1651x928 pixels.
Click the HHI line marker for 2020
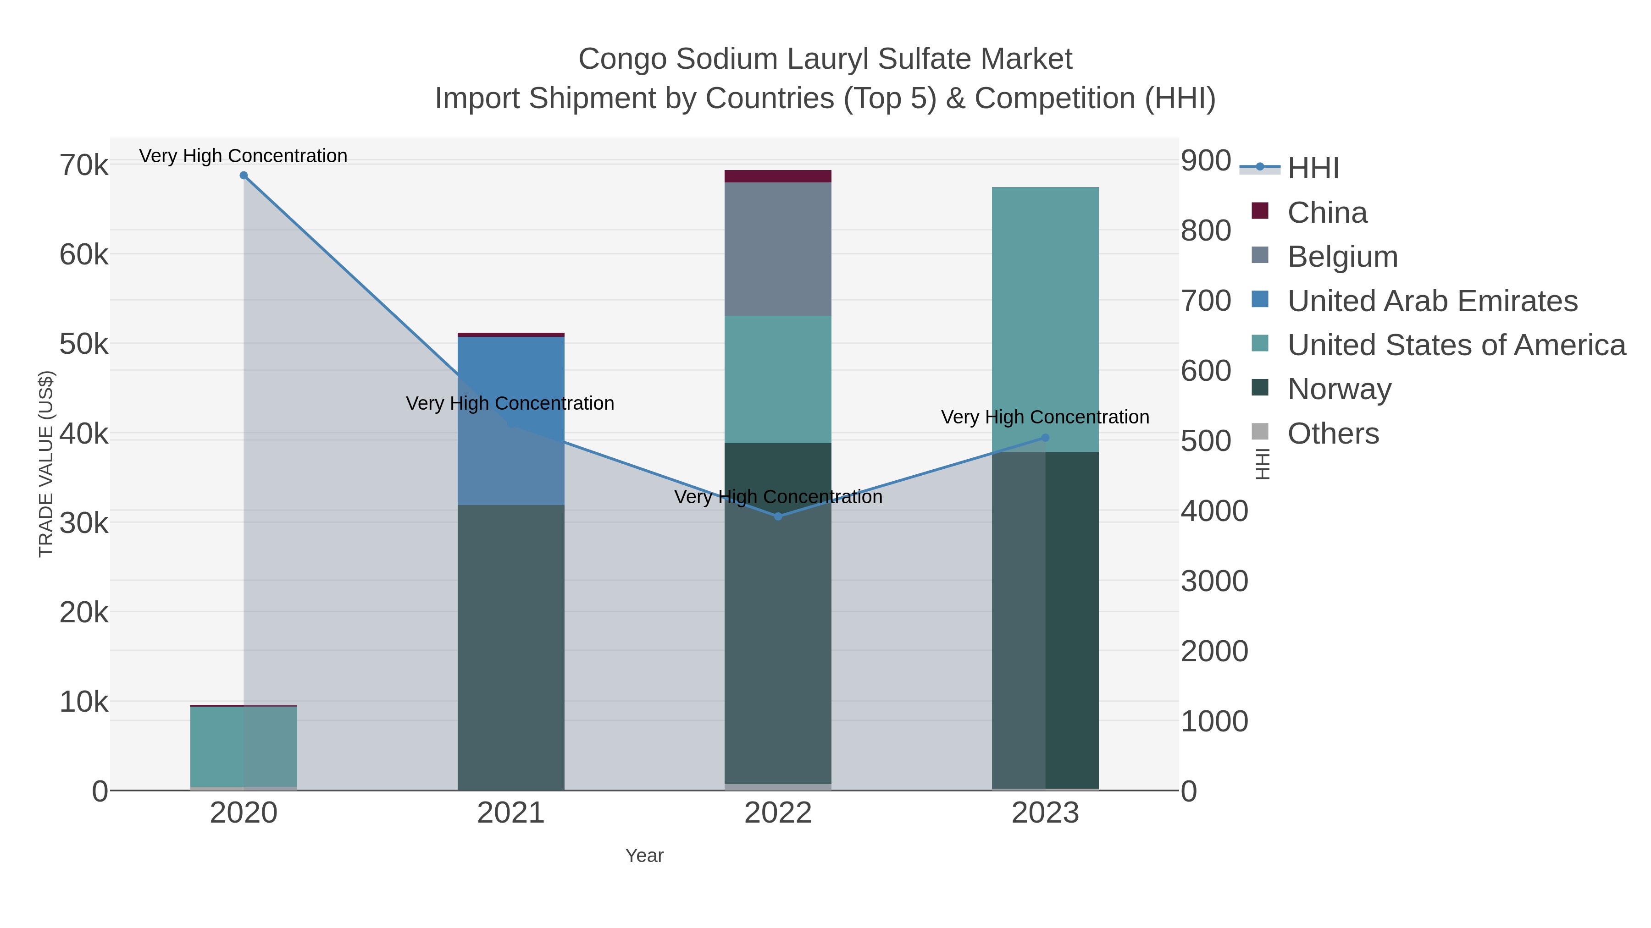244,176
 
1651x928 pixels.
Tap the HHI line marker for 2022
778,516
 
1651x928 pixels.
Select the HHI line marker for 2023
1045,438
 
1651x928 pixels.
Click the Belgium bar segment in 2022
778,249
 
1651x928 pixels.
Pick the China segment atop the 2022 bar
778,176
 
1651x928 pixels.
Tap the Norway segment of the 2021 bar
511,647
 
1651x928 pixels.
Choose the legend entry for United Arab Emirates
1432,301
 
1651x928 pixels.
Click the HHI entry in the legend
1313,169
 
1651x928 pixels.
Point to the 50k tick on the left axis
84,344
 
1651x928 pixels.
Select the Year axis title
644,856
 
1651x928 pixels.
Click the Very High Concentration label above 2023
1045,417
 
